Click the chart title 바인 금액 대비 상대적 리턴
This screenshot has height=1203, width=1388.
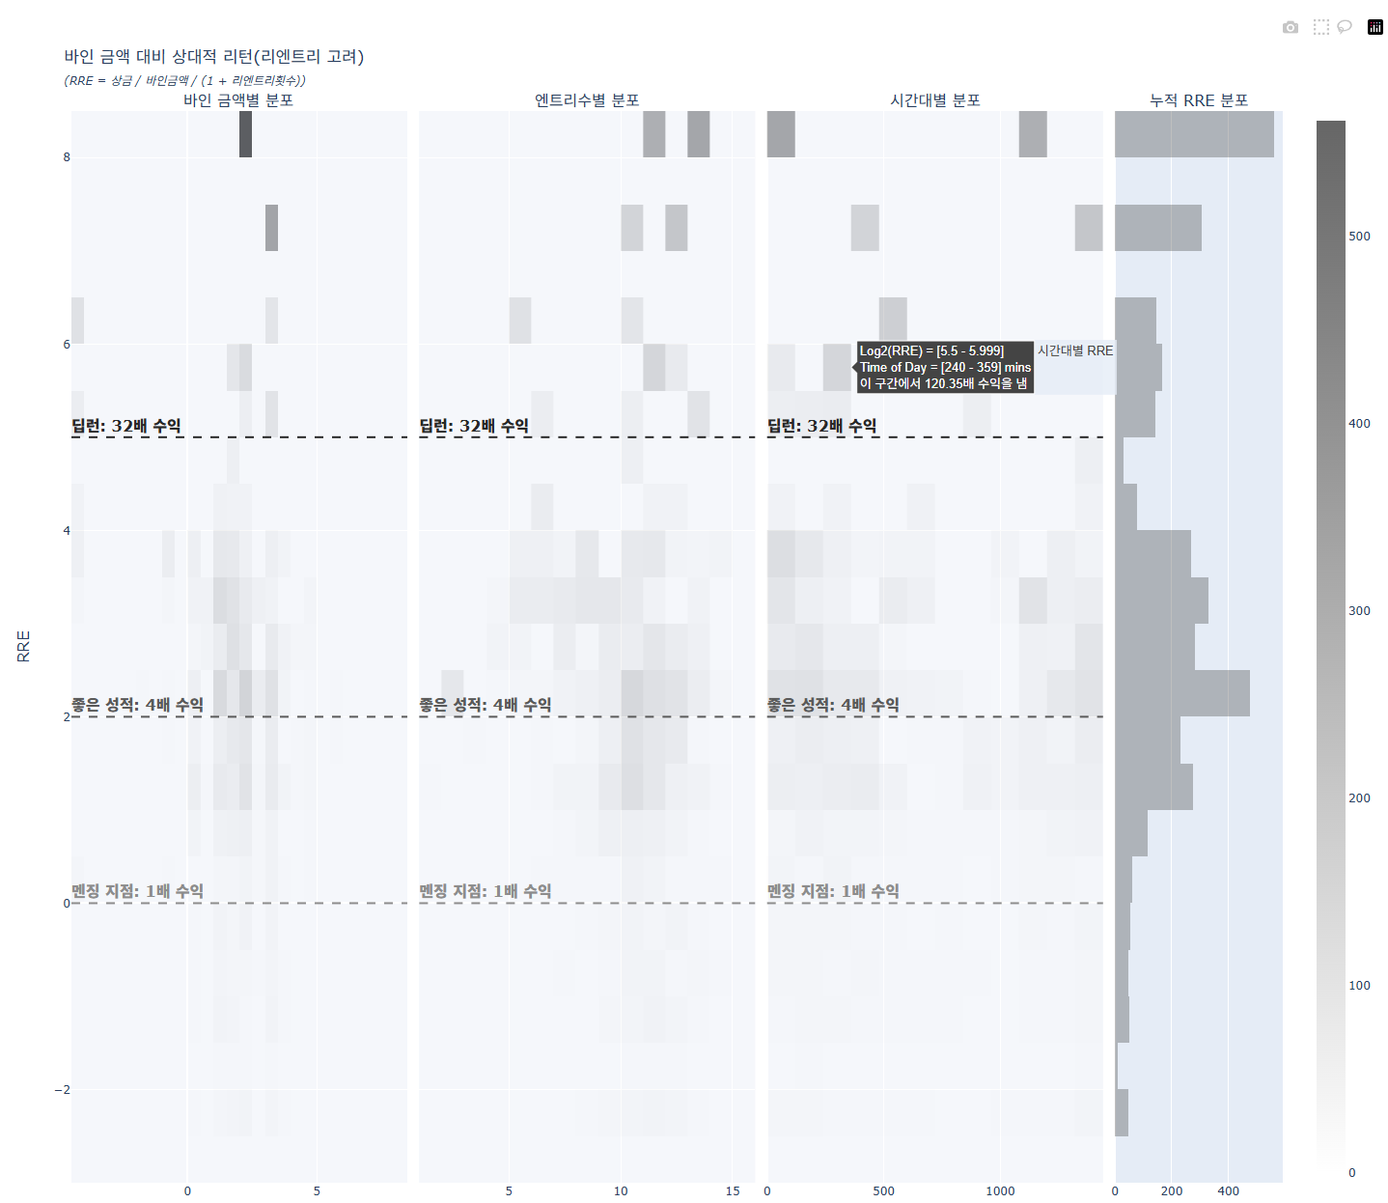(213, 57)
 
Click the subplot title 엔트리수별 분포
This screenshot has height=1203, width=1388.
(587, 100)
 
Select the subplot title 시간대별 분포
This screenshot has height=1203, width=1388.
(934, 100)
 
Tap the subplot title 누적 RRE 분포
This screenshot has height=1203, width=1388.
(1199, 100)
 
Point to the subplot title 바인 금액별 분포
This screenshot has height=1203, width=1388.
(238, 100)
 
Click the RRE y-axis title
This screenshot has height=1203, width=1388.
(24, 646)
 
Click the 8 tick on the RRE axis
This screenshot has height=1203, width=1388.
(67, 157)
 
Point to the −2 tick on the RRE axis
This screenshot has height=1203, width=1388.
(63, 1090)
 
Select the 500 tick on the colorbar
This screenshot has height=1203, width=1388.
(1359, 237)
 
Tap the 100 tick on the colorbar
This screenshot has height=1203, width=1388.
(1359, 986)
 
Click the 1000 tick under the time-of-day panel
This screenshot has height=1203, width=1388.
(1000, 1191)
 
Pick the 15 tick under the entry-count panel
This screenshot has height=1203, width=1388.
(733, 1191)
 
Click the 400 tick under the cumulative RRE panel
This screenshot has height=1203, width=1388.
(1228, 1191)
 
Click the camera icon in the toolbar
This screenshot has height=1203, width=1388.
(1291, 27)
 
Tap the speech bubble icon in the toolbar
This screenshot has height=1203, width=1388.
(1345, 27)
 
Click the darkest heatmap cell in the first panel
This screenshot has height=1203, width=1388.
(245, 134)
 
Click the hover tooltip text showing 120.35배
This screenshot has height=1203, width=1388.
(944, 384)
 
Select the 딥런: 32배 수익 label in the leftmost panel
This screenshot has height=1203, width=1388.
(126, 426)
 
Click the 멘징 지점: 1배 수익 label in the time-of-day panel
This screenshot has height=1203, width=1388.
(833, 891)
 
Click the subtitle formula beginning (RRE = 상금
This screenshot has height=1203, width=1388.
(184, 81)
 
